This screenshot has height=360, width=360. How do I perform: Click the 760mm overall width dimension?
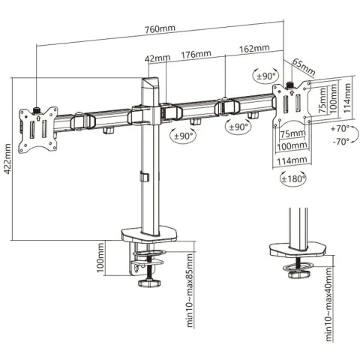(160, 28)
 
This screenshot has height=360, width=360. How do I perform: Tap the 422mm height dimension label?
(7, 159)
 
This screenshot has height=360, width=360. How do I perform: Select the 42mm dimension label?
(157, 58)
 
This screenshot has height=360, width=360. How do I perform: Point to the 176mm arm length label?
(196, 54)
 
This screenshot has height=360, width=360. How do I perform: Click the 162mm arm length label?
(254, 48)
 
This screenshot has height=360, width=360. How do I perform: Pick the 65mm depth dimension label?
(304, 67)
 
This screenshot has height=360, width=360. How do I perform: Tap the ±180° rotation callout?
(293, 178)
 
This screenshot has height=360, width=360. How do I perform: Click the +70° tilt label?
(340, 129)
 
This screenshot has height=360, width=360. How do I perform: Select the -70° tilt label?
(341, 142)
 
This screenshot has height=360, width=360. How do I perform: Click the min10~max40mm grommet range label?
(329, 304)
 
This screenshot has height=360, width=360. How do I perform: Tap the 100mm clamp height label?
(100, 258)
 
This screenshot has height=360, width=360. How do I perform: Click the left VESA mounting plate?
(38, 130)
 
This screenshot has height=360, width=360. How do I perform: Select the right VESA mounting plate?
(292, 104)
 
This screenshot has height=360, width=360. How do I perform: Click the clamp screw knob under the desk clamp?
(149, 283)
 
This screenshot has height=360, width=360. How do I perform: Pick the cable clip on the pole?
(144, 176)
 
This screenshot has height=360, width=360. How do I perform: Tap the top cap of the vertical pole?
(150, 82)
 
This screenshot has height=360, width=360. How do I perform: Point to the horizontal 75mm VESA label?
(292, 134)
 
